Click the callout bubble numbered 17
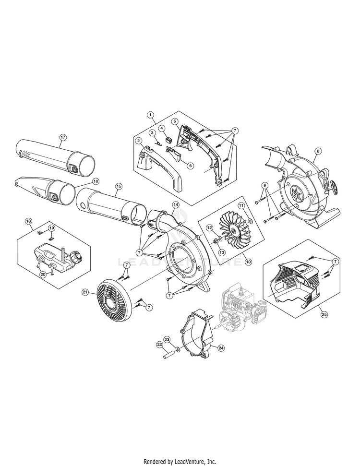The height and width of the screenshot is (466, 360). point(63,137)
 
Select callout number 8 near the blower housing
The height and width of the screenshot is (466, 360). point(318,151)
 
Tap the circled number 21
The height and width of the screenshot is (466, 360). point(85,292)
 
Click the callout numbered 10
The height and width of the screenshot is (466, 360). point(248,262)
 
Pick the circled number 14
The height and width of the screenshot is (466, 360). point(175,204)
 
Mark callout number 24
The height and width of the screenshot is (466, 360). point(221,348)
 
